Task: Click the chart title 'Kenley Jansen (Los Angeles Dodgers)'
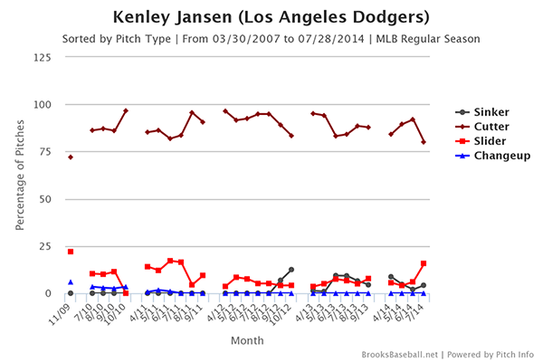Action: [x=271, y=17]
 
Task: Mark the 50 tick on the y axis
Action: [x=43, y=198]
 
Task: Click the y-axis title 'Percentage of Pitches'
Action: [x=20, y=175]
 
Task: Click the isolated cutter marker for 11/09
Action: [x=71, y=157]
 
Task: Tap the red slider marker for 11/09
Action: [x=71, y=252]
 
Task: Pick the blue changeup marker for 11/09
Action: [x=71, y=282]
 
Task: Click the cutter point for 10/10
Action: [x=125, y=110]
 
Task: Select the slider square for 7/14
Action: [x=424, y=263]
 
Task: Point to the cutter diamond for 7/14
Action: [x=424, y=142]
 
